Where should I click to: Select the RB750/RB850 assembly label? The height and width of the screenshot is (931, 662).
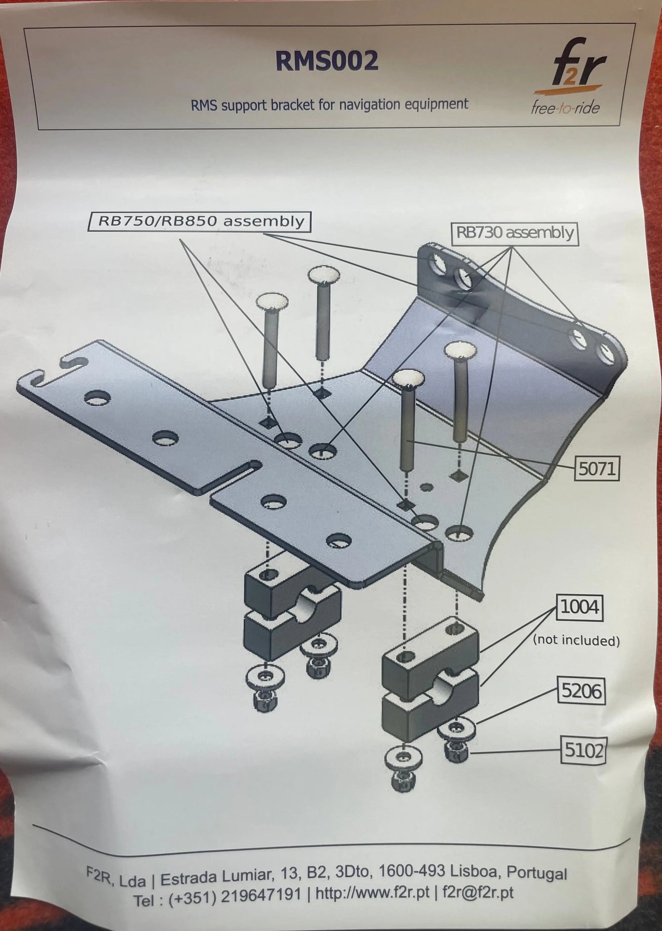[x=201, y=222]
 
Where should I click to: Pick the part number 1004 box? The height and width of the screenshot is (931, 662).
[x=579, y=607]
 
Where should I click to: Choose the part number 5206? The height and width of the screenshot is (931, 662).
[x=582, y=690]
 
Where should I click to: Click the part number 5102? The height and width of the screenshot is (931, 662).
[x=583, y=749]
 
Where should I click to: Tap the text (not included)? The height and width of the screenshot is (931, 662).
[x=576, y=640]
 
